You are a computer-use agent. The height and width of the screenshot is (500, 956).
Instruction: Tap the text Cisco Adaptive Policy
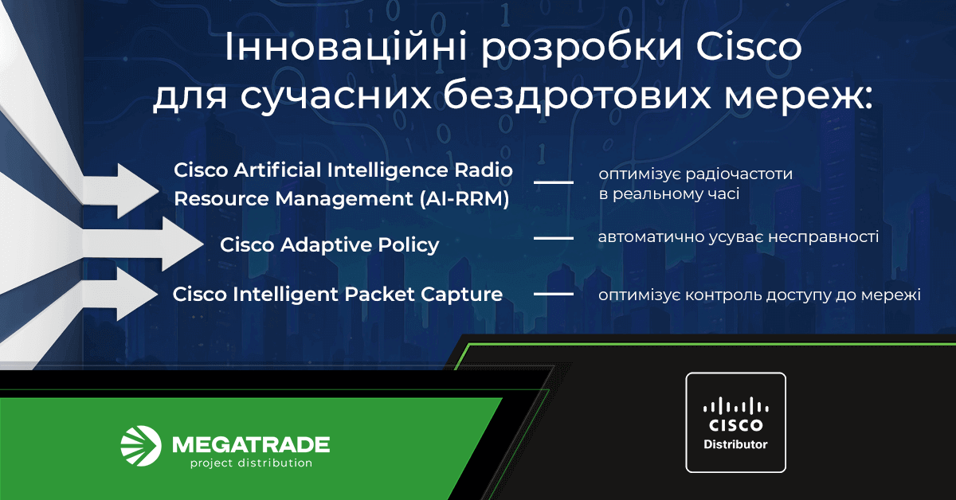[x=329, y=244]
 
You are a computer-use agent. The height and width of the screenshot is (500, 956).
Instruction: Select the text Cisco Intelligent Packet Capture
[x=338, y=295]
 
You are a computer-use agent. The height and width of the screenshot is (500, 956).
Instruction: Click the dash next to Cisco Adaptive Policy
[x=553, y=238]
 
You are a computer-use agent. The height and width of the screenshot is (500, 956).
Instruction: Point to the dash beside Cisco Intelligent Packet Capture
[x=553, y=295]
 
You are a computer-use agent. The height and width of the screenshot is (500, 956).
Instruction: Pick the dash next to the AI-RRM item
[x=553, y=183]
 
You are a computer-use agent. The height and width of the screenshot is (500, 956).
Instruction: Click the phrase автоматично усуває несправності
[x=739, y=237]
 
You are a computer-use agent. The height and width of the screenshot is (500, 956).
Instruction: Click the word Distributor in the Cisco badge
[x=735, y=443]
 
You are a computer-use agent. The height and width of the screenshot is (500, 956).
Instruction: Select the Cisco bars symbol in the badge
[x=735, y=405]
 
